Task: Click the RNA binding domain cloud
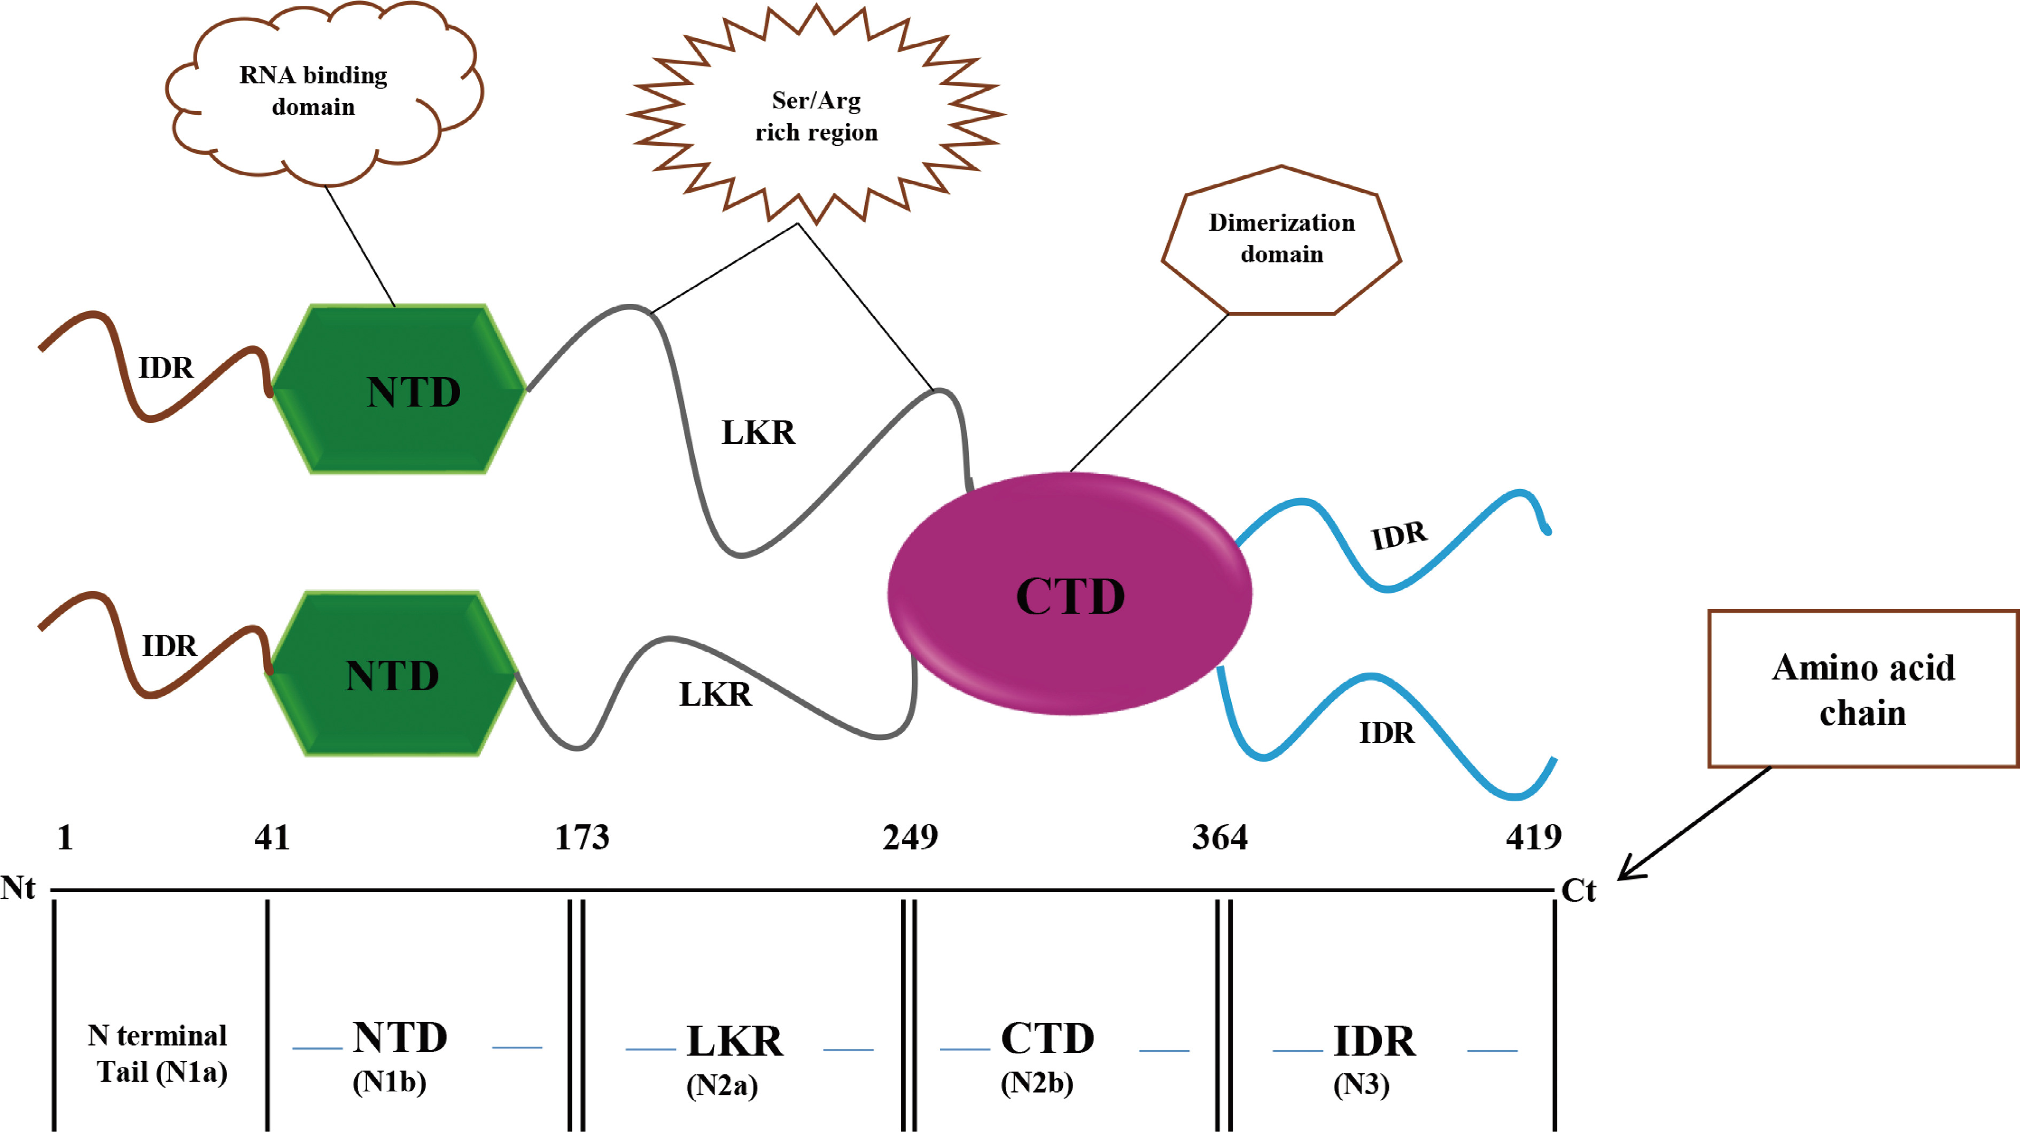click(314, 91)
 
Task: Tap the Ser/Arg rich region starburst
click(817, 116)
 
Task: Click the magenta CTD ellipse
click(1070, 594)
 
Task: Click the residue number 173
click(582, 837)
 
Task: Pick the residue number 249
click(910, 837)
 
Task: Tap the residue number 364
click(1219, 837)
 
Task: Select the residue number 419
click(1533, 837)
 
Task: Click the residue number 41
click(272, 837)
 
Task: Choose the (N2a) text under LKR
click(721, 1085)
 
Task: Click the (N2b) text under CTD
click(1037, 1083)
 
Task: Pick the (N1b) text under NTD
click(389, 1082)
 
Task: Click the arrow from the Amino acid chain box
click(1694, 823)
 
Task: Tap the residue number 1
click(65, 837)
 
